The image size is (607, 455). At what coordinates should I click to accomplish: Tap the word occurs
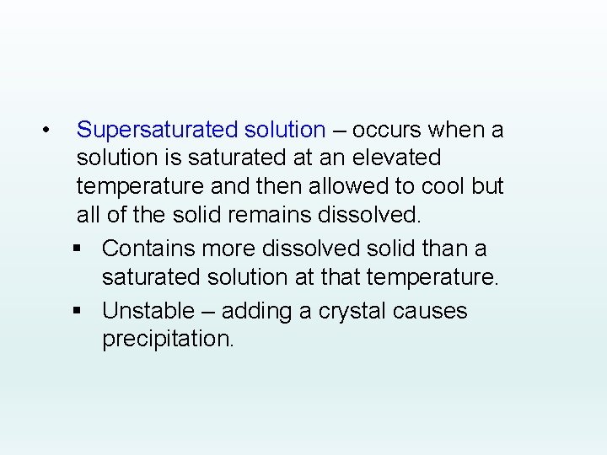(387, 131)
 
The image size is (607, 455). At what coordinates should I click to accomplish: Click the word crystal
(352, 311)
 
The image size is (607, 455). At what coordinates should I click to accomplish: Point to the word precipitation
(167, 340)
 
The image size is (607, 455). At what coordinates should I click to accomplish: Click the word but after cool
(487, 186)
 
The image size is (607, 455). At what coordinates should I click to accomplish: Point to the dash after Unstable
(206, 312)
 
